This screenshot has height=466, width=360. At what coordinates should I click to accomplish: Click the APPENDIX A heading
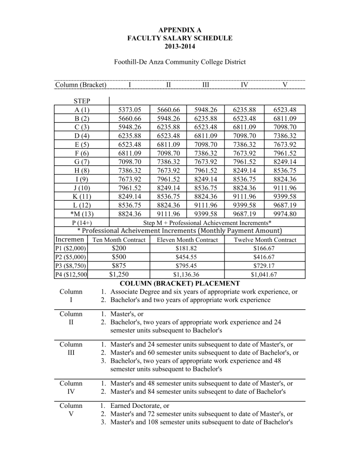point(180,30)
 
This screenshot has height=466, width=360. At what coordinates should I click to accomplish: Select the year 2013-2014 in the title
point(180,46)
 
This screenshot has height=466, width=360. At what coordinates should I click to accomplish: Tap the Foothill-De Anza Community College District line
point(180,62)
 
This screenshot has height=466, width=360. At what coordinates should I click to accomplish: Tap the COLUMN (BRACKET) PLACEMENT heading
point(180,283)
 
